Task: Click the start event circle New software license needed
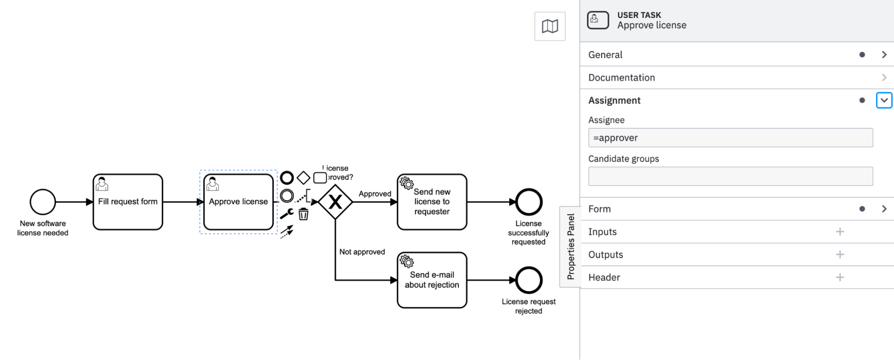43,202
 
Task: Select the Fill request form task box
128,202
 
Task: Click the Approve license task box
238,202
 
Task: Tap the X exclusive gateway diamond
335,202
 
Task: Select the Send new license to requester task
432,202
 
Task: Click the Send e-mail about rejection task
432,280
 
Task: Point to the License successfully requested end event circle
529,202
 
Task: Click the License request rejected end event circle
529,280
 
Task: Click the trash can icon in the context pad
304,214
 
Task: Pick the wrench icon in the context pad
287,214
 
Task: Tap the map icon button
550,26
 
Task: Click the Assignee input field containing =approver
730,138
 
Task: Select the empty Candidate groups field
730,176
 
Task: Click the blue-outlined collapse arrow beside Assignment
884,101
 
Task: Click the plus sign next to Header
840,277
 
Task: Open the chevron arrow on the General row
884,55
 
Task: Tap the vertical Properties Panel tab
570,247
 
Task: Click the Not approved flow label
362,252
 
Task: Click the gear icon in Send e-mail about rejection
407,261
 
